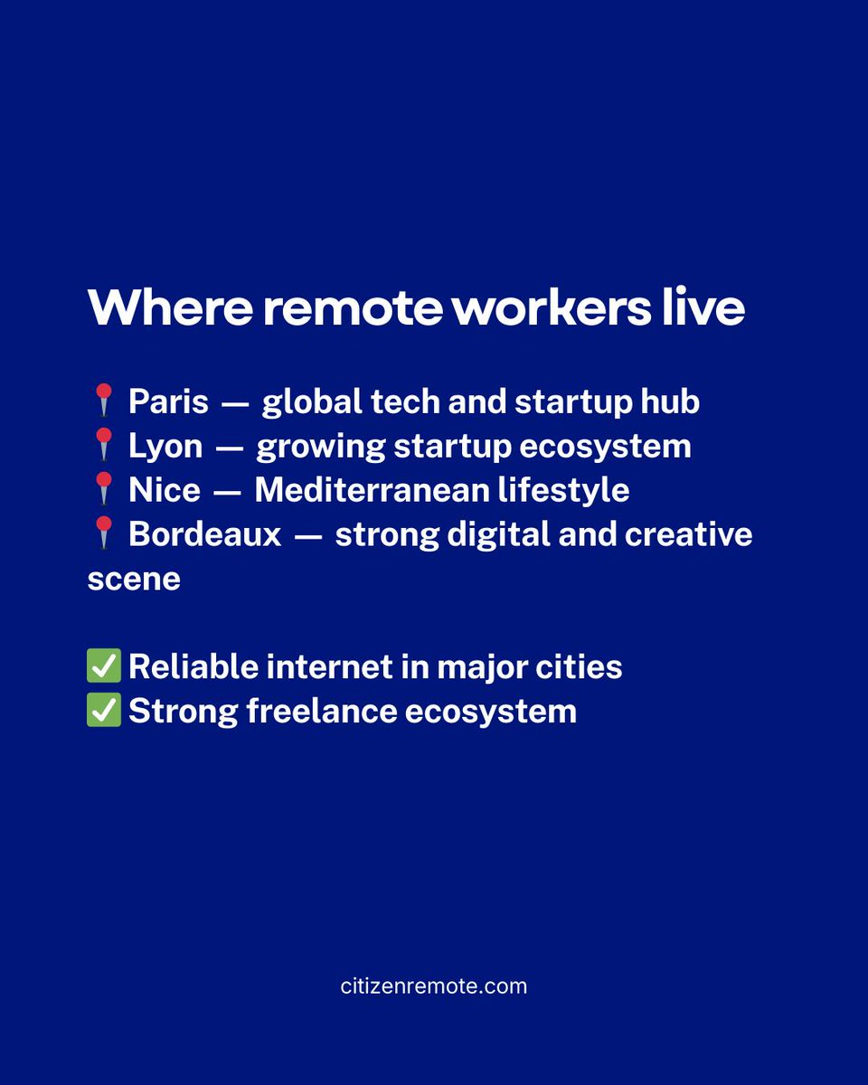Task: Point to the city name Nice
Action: point(165,490)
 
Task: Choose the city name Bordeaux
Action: point(205,534)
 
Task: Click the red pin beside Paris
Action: point(104,401)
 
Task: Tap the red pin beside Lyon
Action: point(104,446)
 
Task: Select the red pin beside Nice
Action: point(104,489)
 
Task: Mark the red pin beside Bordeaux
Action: point(104,533)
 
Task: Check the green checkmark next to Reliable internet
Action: point(104,667)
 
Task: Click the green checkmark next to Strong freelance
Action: point(104,711)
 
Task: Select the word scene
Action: point(134,579)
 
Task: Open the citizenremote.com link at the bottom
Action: point(434,986)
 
